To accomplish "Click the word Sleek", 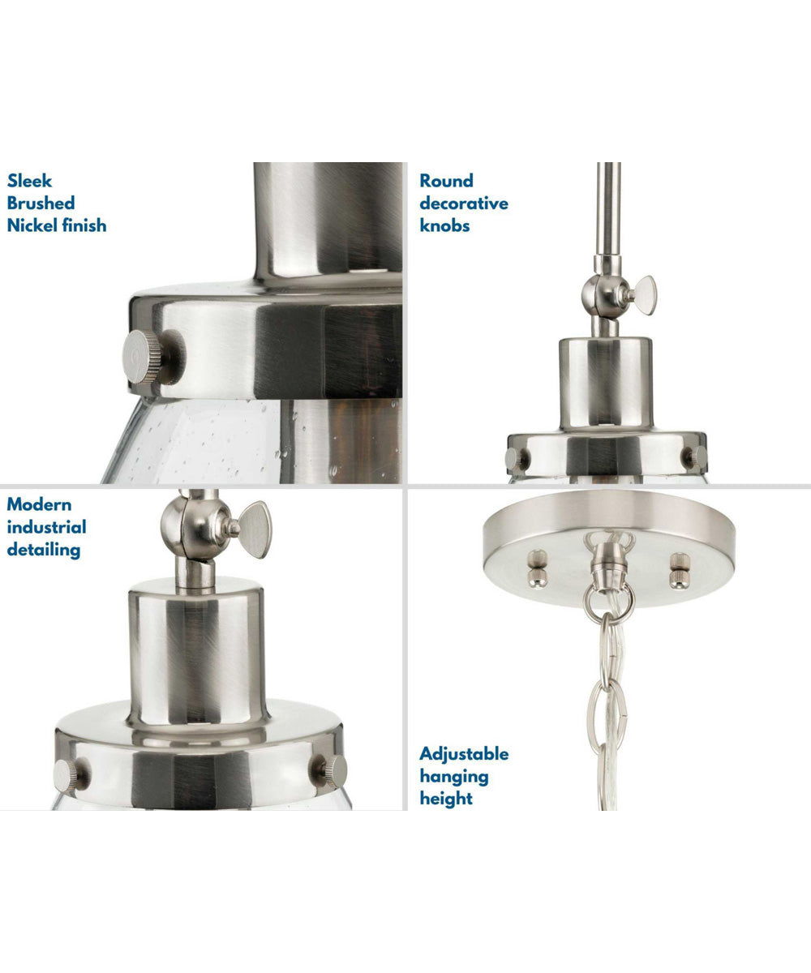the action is click(29, 181).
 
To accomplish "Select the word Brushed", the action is click(41, 204).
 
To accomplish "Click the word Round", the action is click(446, 181).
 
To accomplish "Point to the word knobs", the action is click(444, 225).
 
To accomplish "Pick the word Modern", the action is click(39, 504).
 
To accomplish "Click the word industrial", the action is click(46, 527).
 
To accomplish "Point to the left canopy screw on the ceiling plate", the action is click(537, 568).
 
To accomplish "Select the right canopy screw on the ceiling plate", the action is click(678, 570).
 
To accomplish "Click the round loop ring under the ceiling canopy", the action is click(609, 603).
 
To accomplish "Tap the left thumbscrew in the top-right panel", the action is click(517, 460).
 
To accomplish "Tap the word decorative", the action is click(464, 204).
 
